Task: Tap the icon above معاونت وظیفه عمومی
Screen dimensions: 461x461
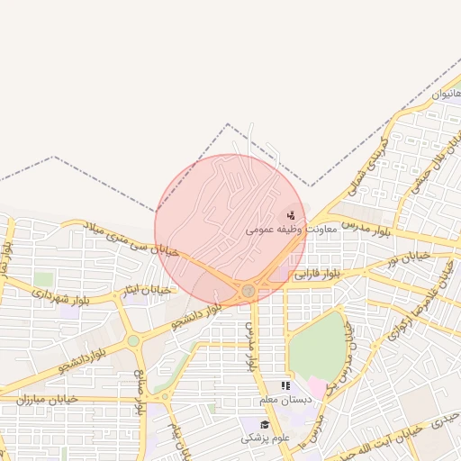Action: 290,215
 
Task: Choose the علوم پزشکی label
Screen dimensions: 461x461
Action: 265,438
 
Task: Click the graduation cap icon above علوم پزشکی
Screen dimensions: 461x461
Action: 265,424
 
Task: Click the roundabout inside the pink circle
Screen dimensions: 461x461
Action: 248,290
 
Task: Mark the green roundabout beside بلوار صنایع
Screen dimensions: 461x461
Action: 134,341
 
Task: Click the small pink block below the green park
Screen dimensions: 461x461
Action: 317,387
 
